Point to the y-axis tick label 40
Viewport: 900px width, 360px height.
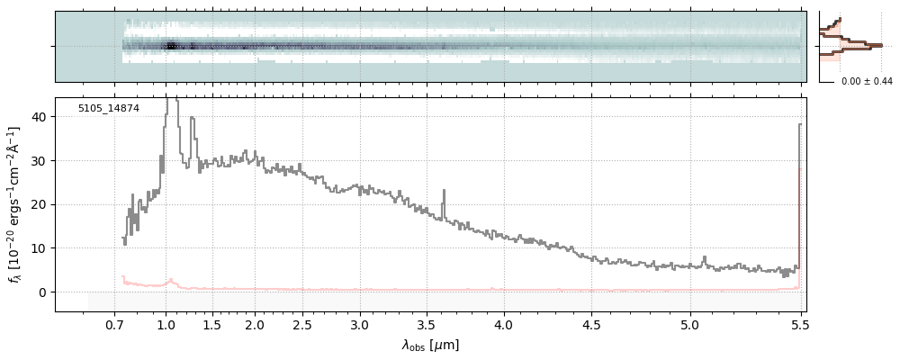click(x=40, y=117)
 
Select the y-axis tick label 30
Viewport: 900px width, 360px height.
click(x=40, y=161)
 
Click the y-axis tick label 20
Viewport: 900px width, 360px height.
click(x=40, y=204)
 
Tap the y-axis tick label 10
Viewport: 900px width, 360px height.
click(x=40, y=248)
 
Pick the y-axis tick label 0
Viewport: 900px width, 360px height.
click(x=43, y=292)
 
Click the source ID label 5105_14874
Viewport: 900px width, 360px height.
click(x=108, y=108)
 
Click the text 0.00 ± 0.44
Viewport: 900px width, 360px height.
click(x=867, y=82)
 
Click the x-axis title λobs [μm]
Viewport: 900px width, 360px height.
click(x=430, y=345)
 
